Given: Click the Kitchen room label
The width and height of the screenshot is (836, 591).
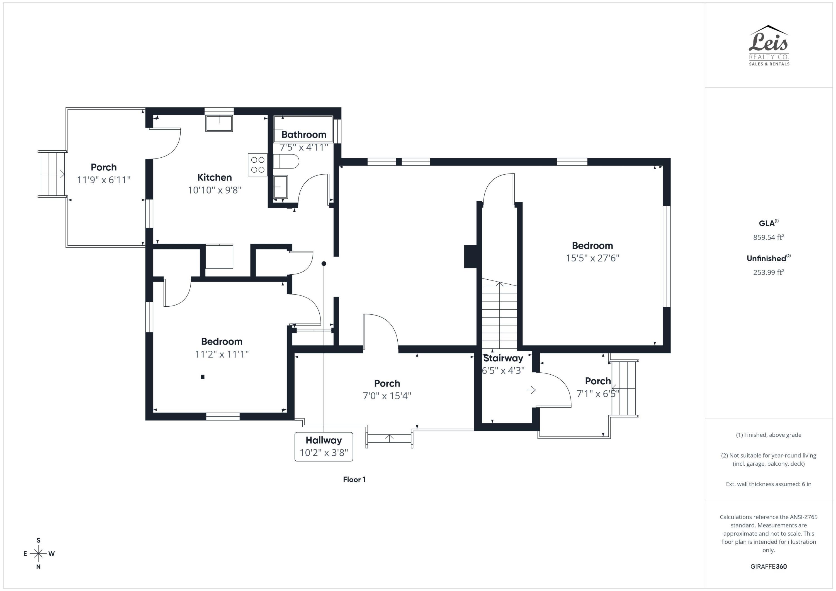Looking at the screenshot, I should click(x=215, y=178).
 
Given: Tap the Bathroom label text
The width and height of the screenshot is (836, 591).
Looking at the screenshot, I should click(x=304, y=135).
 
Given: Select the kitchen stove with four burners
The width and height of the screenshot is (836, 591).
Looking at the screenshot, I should click(x=258, y=165).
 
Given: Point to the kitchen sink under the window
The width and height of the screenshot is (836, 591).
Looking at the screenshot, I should click(x=219, y=123).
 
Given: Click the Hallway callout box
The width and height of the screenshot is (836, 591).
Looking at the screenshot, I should click(x=324, y=446).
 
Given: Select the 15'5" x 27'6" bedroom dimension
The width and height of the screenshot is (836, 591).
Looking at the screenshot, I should click(x=592, y=258).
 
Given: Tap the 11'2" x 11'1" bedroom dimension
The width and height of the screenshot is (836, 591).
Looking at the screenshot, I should click(x=222, y=354).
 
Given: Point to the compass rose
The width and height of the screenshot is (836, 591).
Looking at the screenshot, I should click(x=38, y=553).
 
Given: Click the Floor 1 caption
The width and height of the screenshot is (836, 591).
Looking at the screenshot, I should click(x=354, y=480).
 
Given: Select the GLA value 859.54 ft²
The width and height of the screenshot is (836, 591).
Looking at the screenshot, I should click(x=768, y=237).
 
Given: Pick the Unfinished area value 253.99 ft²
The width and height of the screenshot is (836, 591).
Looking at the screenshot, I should click(x=768, y=272).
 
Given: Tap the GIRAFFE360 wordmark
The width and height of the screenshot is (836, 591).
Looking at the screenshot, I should click(x=768, y=566).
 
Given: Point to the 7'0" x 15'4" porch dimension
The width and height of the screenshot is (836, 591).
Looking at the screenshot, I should click(x=387, y=396).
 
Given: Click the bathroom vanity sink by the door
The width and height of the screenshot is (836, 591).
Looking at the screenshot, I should click(x=280, y=187).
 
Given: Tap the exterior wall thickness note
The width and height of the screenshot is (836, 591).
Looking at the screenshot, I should click(x=768, y=484).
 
